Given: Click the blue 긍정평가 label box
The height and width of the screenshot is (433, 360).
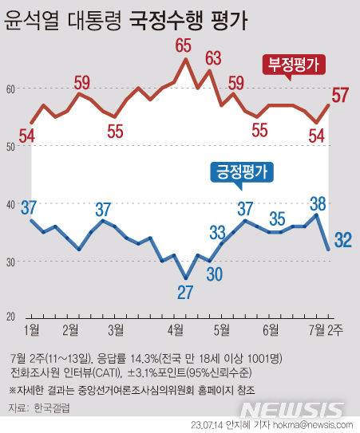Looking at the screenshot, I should (240, 171).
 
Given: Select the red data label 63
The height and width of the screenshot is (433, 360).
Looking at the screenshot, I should (212, 57).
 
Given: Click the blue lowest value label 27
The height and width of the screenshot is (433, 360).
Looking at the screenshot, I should (185, 293).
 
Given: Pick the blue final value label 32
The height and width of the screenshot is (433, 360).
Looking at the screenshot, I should (342, 239).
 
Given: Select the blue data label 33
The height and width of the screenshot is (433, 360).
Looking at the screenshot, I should (217, 233).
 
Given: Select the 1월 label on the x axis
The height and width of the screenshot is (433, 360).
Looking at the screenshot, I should (33, 329).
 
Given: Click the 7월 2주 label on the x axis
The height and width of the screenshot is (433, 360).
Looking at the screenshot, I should (327, 329).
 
